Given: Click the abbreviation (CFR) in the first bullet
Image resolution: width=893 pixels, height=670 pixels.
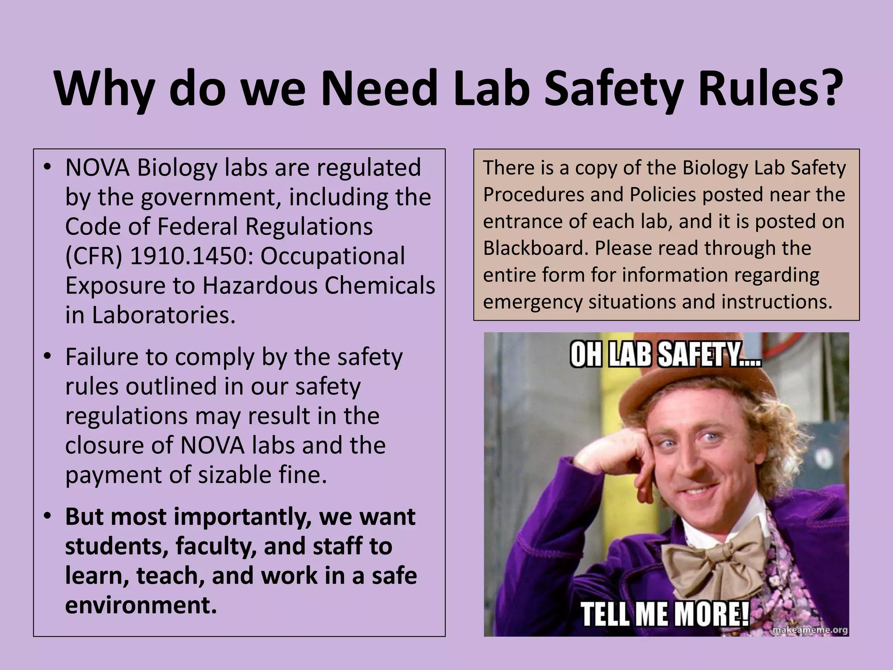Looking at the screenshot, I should pyautogui.click(x=94, y=256).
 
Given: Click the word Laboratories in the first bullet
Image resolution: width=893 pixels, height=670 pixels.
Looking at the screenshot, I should pyautogui.click(x=163, y=315).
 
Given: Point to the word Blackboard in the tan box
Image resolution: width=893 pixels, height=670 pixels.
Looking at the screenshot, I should pyautogui.click(x=536, y=248).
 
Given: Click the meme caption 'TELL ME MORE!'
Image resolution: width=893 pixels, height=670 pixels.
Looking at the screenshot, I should pyautogui.click(x=665, y=614).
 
